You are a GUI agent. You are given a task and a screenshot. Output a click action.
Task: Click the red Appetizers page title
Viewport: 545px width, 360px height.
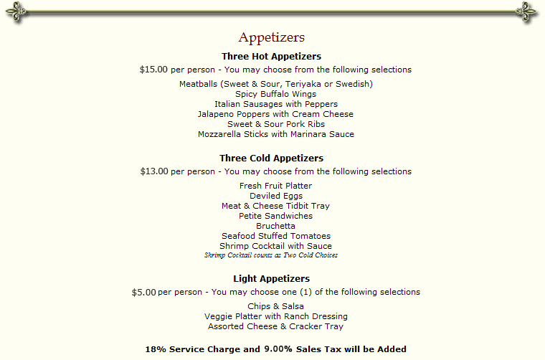[272, 37]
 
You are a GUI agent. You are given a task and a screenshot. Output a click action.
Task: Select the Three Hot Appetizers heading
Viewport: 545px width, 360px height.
[272, 56]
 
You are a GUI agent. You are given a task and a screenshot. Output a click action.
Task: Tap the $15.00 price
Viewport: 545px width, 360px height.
[153, 70]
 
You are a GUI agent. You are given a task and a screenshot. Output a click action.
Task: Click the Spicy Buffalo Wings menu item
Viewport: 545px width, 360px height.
[275, 94]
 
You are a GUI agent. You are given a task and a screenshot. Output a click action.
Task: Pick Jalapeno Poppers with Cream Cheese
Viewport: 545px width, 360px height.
[275, 114]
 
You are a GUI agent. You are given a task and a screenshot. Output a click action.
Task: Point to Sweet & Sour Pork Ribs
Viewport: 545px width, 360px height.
[275, 124]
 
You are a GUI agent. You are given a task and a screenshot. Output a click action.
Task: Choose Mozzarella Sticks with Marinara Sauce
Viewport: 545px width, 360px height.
[275, 134]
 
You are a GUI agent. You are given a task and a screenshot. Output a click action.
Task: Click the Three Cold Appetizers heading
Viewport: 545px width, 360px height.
[272, 158]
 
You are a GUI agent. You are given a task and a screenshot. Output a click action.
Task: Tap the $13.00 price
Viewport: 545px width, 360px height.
[153, 171]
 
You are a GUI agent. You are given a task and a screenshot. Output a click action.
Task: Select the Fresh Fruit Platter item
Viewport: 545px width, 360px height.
[275, 186]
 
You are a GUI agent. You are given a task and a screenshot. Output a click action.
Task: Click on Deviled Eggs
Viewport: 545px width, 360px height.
[275, 196]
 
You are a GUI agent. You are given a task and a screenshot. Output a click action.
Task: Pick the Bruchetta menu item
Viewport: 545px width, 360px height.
[275, 226]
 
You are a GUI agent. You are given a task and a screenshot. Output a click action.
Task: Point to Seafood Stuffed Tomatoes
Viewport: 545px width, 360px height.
[275, 236]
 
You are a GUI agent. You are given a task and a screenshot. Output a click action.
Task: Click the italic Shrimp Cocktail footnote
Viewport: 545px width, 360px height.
[271, 255]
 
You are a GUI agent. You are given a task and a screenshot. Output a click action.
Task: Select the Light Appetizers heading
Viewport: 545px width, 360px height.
[272, 278]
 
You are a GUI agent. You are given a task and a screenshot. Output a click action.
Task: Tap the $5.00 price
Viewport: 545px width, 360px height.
[143, 292]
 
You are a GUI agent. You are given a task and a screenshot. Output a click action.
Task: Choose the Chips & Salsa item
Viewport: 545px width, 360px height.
[275, 306]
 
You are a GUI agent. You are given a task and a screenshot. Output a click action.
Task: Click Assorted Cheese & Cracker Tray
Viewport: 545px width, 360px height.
[275, 326]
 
